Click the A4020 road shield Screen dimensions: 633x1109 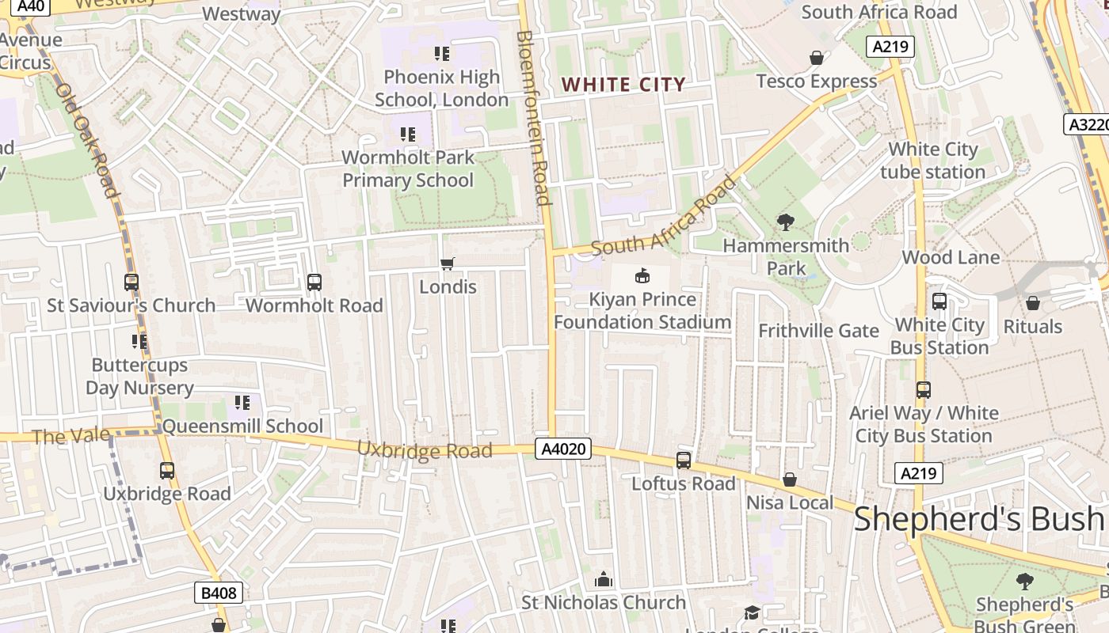(x=565, y=449)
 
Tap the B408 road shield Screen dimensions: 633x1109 (x=218, y=593)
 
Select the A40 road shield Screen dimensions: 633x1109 (x=25, y=7)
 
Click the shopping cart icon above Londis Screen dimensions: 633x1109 (x=448, y=263)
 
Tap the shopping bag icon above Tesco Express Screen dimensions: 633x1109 (x=816, y=58)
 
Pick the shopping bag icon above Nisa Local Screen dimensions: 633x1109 (x=789, y=479)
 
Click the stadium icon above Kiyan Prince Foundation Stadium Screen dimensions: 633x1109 (x=642, y=275)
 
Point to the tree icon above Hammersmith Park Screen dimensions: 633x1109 (x=786, y=222)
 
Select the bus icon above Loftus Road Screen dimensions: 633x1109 (x=683, y=460)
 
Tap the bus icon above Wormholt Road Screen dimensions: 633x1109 (x=314, y=282)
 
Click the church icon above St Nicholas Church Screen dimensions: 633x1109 (x=604, y=579)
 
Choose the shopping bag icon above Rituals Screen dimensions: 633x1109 (x=1032, y=303)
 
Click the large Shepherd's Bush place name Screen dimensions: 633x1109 (x=978, y=519)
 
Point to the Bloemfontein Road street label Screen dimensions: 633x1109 (x=532, y=119)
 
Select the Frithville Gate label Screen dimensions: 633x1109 (x=818, y=331)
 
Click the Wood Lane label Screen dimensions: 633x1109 (x=951, y=257)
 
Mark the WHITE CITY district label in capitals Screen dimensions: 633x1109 (x=623, y=85)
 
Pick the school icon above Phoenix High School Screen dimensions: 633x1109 (x=441, y=54)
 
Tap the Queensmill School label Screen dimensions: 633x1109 (x=242, y=426)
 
